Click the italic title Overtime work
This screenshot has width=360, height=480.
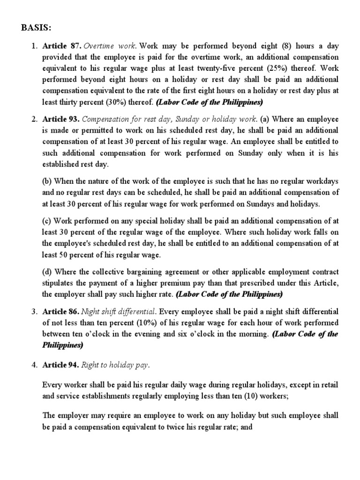(107, 46)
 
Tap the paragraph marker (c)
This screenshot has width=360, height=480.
(47, 220)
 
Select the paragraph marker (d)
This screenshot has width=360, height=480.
(48, 272)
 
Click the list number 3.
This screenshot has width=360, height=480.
(34, 311)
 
